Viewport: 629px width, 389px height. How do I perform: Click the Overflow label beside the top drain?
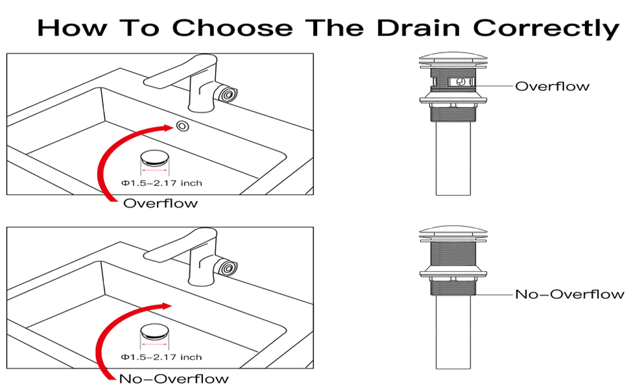[552, 86]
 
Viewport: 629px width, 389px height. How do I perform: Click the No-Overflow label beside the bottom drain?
[569, 294]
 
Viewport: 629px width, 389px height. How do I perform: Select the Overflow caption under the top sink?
[160, 204]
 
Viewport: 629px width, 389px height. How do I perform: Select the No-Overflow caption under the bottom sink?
[173, 379]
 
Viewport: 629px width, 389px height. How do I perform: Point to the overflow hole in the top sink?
[182, 125]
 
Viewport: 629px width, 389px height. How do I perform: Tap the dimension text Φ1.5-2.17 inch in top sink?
[161, 183]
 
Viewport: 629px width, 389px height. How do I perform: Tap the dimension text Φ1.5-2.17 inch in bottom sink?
[161, 357]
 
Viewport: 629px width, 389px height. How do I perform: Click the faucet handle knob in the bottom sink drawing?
[226, 268]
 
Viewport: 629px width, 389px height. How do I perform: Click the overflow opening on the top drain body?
[460, 82]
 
